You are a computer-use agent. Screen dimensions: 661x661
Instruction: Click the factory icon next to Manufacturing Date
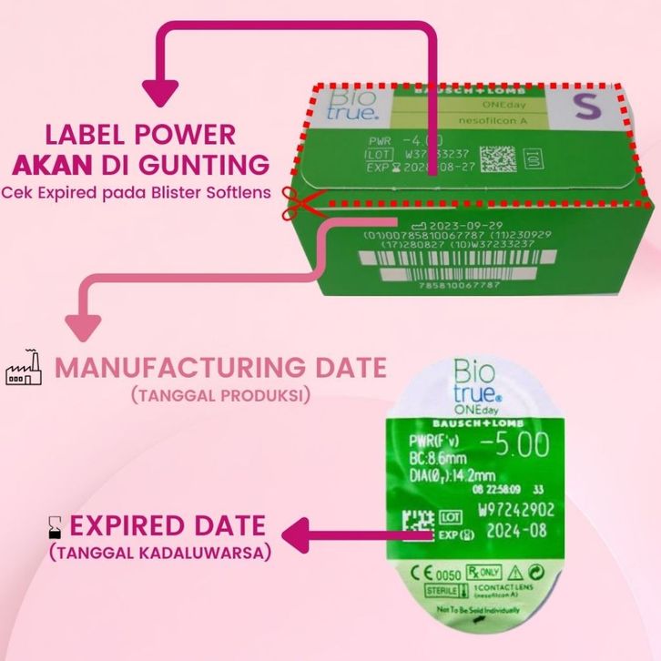pyautogui.click(x=25, y=369)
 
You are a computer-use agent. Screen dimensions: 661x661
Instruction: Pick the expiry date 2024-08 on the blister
pyautogui.click(x=505, y=530)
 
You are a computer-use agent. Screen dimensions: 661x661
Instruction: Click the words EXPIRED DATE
pyautogui.click(x=168, y=525)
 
